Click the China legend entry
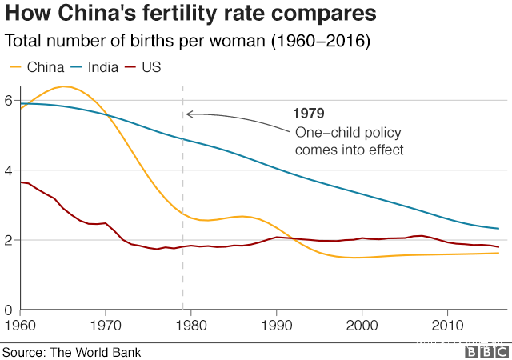tap(35, 67)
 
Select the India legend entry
tap(96, 67)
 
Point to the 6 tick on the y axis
tap(7, 101)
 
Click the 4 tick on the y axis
tap(7, 170)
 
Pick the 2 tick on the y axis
tap(7, 240)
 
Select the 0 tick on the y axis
tap(7, 310)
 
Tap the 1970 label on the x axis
tap(105, 325)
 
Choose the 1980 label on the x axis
tap(190, 325)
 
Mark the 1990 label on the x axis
tap(276, 325)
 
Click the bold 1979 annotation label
tap(310, 114)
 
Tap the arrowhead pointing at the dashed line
tap(189, 114)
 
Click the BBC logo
tap(483, 351)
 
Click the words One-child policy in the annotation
tap(348, 132)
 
